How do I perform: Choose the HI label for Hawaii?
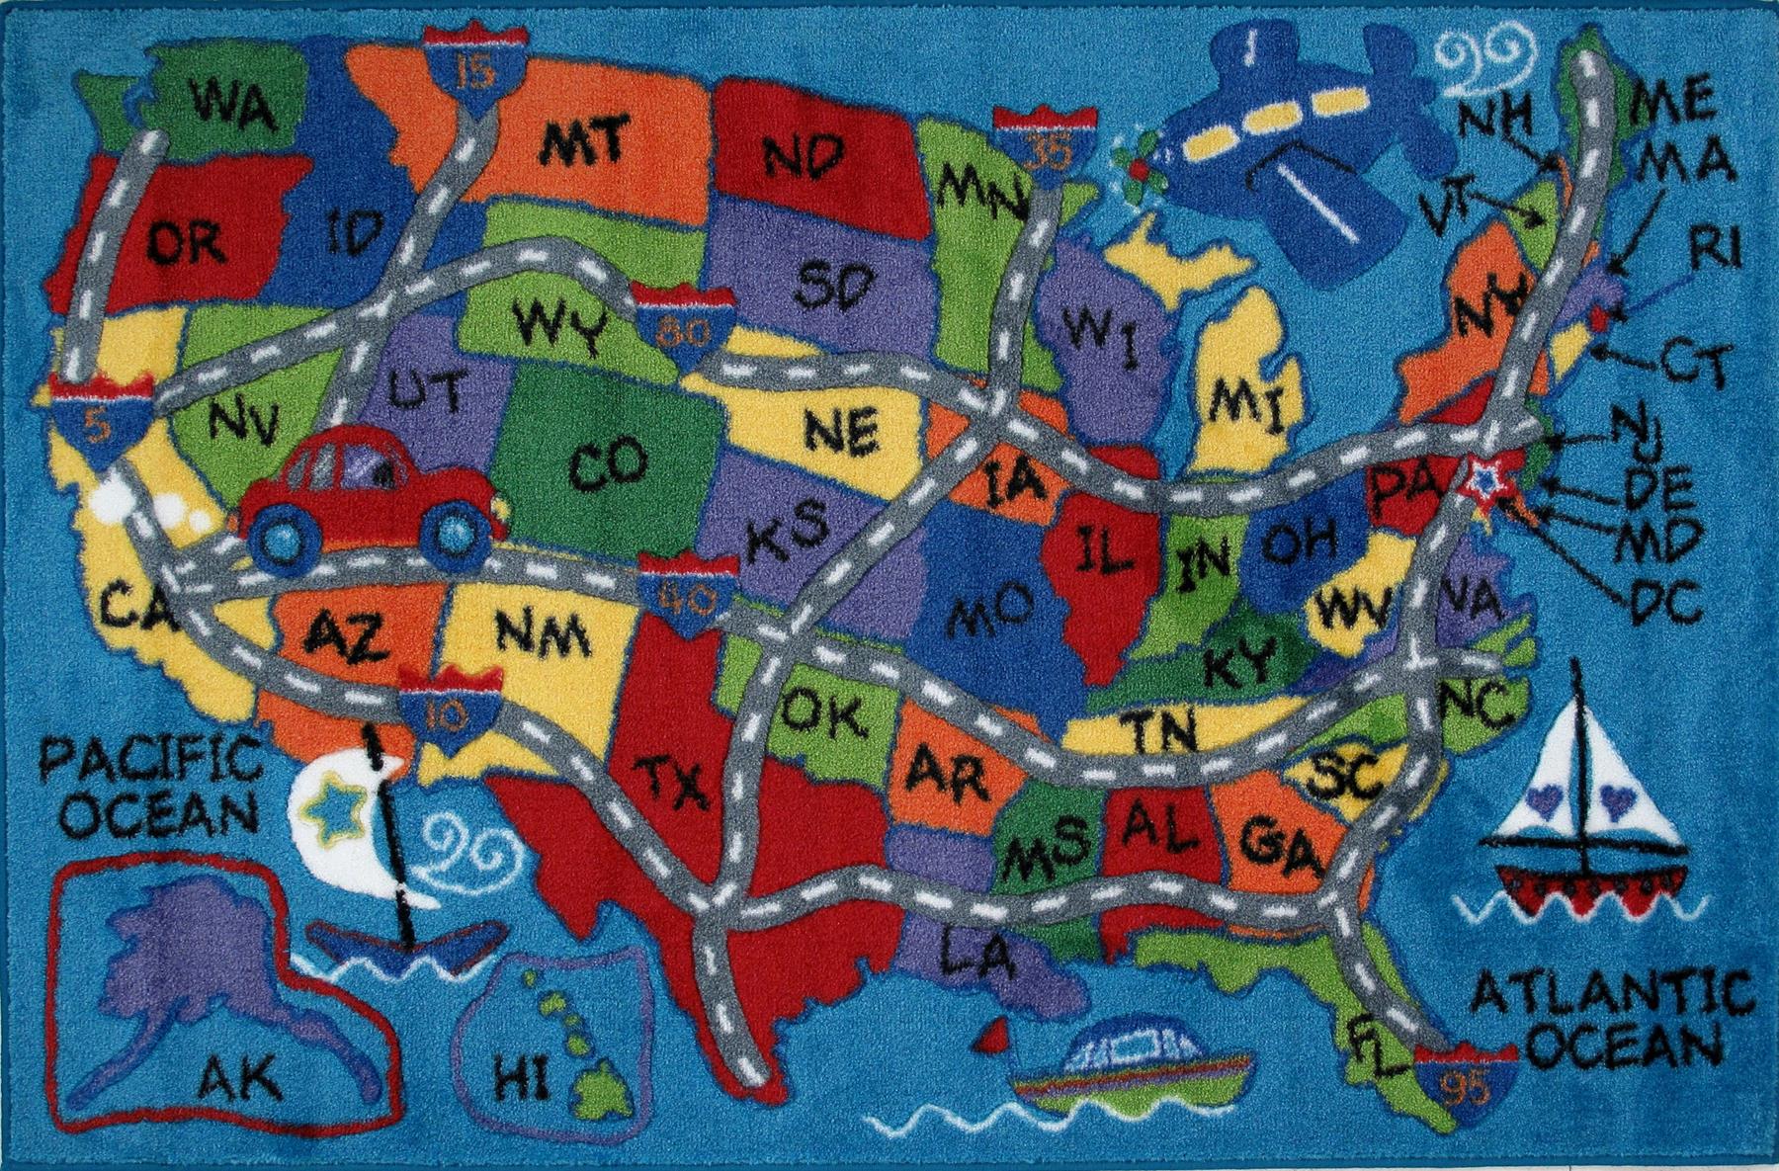[x=521, y=1081]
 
